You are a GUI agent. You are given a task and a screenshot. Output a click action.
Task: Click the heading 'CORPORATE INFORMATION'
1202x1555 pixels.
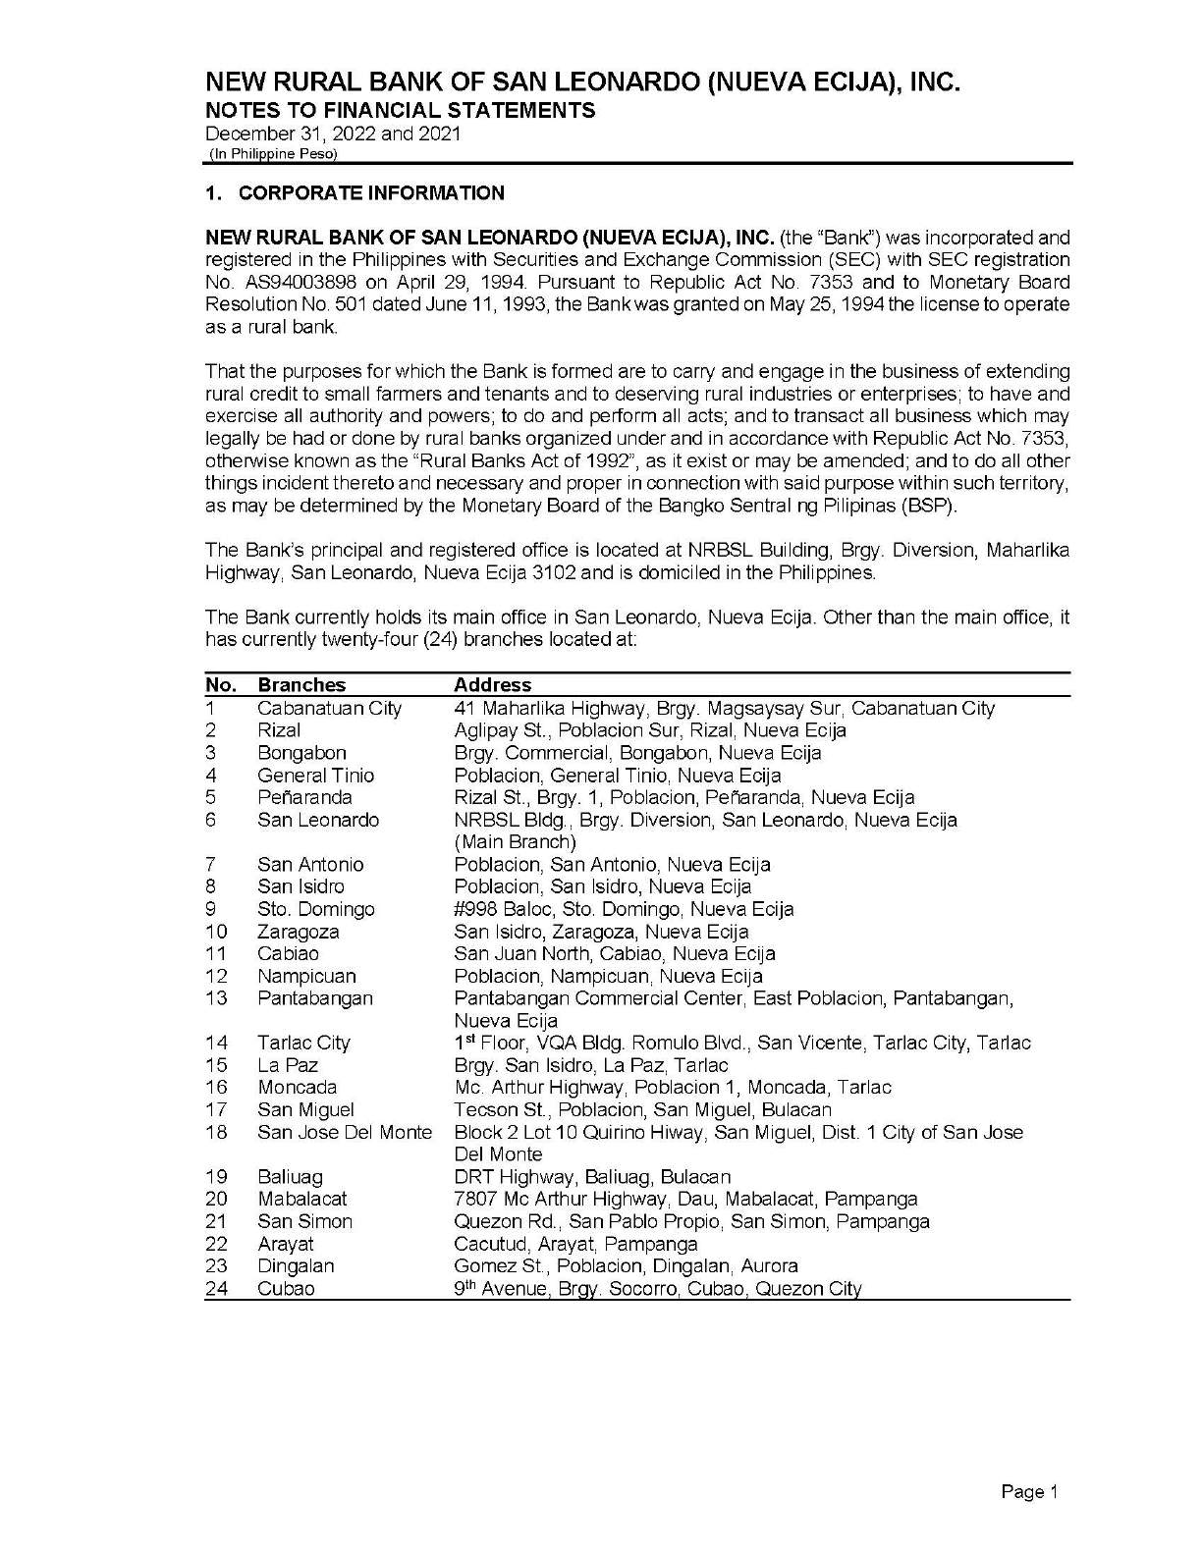pyautogui.click(x=371, y=192)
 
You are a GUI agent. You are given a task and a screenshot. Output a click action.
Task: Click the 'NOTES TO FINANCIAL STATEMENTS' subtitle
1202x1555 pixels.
pyautogui.click(x=400, y=110)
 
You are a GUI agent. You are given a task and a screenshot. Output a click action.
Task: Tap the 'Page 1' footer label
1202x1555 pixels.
pyautogui.click(x=1029, y=1492)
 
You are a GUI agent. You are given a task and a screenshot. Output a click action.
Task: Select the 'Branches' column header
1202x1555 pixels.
pyautogui.click(x=301, y=685)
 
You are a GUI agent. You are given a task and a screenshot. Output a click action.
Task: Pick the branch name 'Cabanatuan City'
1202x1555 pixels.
pyautogui.click(x=329, y=708)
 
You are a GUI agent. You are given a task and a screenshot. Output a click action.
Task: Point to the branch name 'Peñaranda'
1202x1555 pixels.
pyautogui.click(x=304, y=797)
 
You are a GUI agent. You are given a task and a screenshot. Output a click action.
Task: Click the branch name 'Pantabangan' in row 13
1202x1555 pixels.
pyautogui.click(x=315, y=998)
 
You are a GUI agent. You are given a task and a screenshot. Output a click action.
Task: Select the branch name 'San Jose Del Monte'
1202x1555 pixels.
pyautogui.click(x=345, y=1132)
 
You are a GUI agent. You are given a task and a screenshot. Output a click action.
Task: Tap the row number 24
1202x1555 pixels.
pyautogui.click(x=216, y=1288)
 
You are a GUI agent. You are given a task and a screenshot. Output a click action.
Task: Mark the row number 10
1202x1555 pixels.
pyautogui.click(x=216, y=932)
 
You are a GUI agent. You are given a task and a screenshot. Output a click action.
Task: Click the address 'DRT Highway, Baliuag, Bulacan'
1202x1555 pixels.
pyautogui.click(x=592, y=1176)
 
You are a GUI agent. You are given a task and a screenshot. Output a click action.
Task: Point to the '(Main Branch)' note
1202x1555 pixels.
pyautogui.click(x=515, y=842)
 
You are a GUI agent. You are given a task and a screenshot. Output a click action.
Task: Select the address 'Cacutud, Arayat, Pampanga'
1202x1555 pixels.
pyautogui.click(x=575, y=1244)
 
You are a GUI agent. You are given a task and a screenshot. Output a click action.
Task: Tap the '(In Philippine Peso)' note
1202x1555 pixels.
pyautogui.click(x=272, y=155)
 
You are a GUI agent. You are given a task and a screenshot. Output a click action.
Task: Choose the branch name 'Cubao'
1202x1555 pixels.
pyautogui.click(x=286, y=1288)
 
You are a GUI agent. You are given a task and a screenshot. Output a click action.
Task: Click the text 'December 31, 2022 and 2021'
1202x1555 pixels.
pyautogui.click(x=333, y=134)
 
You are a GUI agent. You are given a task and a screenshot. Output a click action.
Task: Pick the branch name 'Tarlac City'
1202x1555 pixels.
pyautogui.click(x=303, y=1043)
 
